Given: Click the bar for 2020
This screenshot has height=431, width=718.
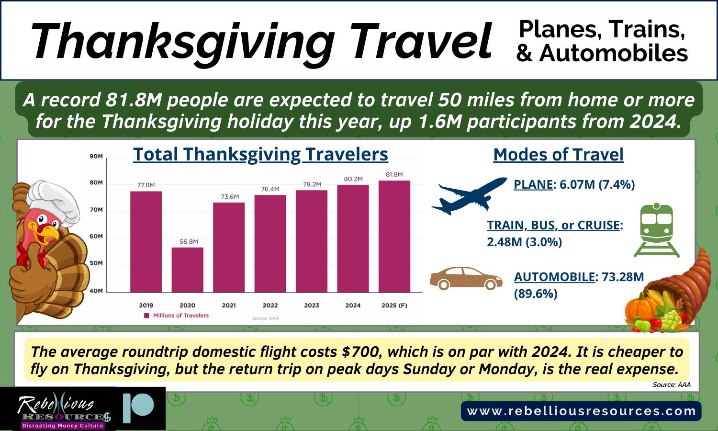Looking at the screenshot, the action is tap(187, 270).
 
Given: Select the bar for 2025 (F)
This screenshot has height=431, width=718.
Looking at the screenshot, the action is tap(394, 237).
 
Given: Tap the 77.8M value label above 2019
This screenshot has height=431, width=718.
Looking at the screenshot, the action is tap(146, 185).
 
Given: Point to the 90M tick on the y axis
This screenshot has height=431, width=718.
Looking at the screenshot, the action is tap(96, 157).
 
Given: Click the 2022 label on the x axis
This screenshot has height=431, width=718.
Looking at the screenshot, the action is tap(270, 306).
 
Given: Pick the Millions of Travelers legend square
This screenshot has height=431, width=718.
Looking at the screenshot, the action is tap(146, 316).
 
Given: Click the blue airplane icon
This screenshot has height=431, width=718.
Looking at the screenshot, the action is tap(470, 195).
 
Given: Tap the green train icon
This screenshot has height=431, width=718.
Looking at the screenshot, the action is tap(656, 230).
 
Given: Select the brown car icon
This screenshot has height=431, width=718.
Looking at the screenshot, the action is tap(466, 278).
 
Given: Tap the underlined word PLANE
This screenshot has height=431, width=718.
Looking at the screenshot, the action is tap(533, 184).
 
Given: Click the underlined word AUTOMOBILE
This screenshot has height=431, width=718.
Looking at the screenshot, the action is tap(554, 277).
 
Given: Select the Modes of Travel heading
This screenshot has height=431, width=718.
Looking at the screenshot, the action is tap(559, 155).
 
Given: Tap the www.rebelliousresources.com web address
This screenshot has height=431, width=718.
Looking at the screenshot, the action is tap(581, 411).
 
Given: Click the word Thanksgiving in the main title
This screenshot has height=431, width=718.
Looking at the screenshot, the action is tap(183, 42).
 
